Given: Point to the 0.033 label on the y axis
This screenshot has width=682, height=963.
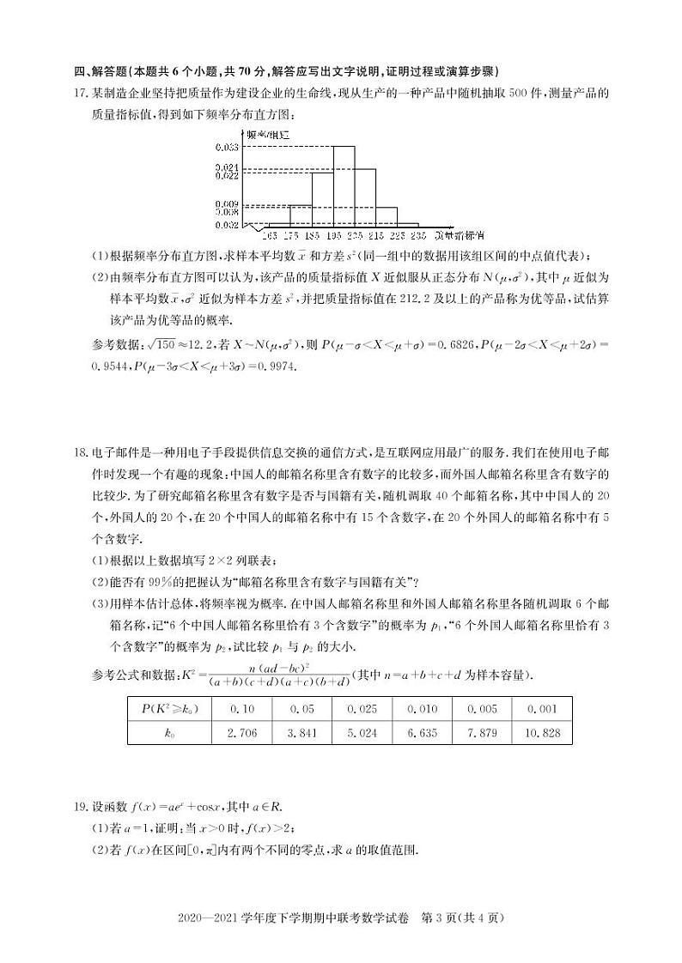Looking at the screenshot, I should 226,148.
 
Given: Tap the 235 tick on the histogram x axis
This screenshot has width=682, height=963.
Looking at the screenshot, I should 418,234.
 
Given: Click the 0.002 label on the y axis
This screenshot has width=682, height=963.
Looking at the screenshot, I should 226,225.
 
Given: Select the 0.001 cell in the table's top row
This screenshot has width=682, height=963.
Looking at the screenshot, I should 543,709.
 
